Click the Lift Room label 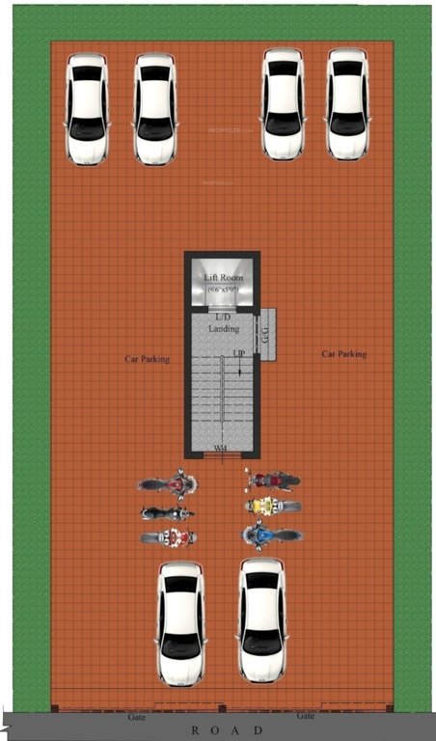(223, 278)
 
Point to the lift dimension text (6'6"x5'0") (223, 288)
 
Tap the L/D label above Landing (223, 316)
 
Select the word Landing (223, 328)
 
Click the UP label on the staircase (237, 354)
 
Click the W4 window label (221, 449)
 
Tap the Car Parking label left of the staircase (147, 359)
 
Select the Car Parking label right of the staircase (343, 354)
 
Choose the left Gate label (137, 718)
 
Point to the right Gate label (305, 717)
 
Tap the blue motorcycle (271, 534)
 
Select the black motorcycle (168, 513)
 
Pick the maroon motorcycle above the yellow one (273, 480)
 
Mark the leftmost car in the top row (87, 107)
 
